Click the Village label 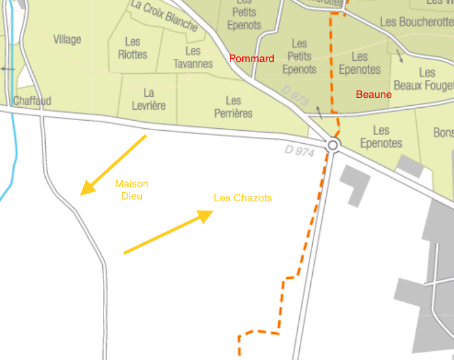click(67, 40)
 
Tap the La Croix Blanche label click(165, 15)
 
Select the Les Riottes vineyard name click(133, 48)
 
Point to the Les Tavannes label click(193, 58)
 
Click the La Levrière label click(149, 100)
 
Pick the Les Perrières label click(234, 107)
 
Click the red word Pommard click(251, 59)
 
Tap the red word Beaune click(373, 95)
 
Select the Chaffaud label click(32, 100)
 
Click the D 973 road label click(295, 94)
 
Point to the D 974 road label click(300, 149)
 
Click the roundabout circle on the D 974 click(333, 145)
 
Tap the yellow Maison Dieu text click(131, 189)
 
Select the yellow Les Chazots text click(243, 198)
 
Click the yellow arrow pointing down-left click(113, 165)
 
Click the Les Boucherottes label click(416, 22)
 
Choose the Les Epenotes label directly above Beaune click(360, 64)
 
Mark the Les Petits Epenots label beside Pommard click(299, 56)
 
